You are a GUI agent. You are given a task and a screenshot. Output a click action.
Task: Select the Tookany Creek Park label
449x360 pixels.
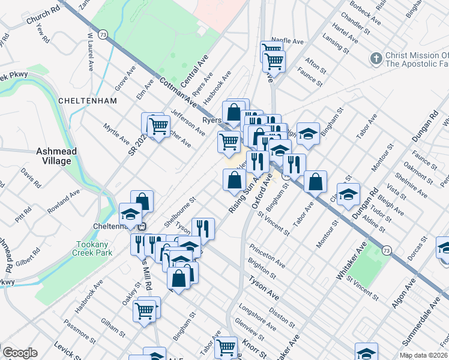pyautogui.click(x=95, y=249)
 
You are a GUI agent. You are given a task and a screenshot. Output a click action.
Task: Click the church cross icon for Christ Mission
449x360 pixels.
pyautogui.click(x=376, y=58)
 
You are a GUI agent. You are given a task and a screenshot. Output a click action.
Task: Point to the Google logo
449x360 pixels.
pyautogui.click(x=20, y=353)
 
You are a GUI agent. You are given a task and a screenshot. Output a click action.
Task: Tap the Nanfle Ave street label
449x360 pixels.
pyautogui.click(x=295, y=41)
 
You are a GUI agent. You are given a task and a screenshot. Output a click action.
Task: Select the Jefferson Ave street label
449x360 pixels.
pyautogui.click(x=187, y=118)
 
